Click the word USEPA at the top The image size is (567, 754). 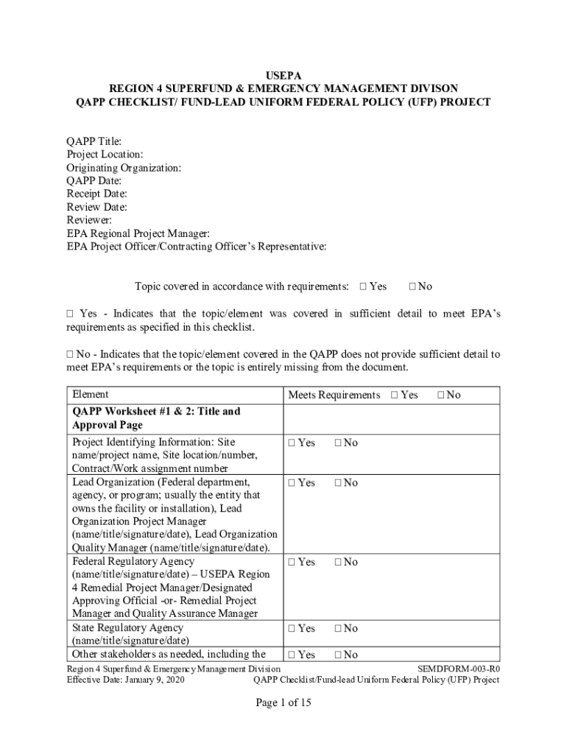283,75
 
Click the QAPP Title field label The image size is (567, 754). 94,141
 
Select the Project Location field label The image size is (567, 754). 105,154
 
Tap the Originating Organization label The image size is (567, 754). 124,167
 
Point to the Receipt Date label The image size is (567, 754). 97,194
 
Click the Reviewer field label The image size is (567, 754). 90,220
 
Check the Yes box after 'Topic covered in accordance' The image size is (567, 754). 363,286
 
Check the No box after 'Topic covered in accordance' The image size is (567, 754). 412,286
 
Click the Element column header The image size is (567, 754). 90,395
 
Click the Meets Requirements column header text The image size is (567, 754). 334,395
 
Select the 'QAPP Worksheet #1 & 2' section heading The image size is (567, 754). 156,418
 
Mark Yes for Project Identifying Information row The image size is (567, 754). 292,443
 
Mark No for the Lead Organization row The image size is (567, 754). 338,483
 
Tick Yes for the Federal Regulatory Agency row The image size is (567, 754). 292,563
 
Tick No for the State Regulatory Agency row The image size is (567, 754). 338,628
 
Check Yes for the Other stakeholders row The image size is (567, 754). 292,655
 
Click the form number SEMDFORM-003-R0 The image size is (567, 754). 458,668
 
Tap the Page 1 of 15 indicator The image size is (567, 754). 283,703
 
